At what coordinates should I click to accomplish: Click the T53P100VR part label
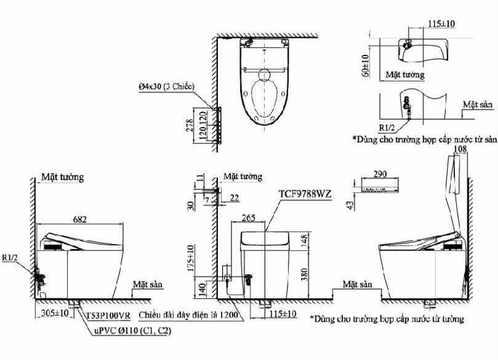click(x=108, y=316)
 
